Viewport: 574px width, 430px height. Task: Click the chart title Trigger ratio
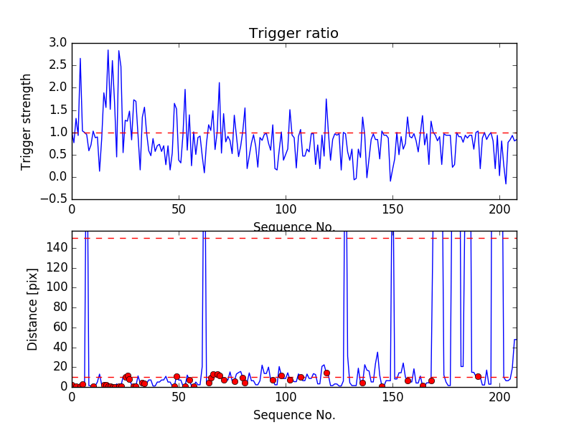pyautogui.click(x=293, y=34)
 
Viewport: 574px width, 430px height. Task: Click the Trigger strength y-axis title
pyautogui.click(x=27, y=121)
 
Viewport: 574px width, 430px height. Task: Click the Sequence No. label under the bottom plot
pyautogui.click(x=293, y=415)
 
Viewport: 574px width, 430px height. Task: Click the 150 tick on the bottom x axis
pyautogui.click(x=392, y=397)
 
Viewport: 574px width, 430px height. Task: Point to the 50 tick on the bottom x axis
pyautogui.click(x=179, y=397)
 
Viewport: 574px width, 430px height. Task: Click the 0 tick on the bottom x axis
pyautogui.click(x=72, y=397)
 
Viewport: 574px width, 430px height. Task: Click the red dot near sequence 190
pyautogui.click(x=478, y=376)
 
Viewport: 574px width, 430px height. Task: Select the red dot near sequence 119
pyautogui.click(x=326, y=373)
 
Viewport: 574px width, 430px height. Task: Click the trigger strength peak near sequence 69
pyautogui.click(x=220, y=82)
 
